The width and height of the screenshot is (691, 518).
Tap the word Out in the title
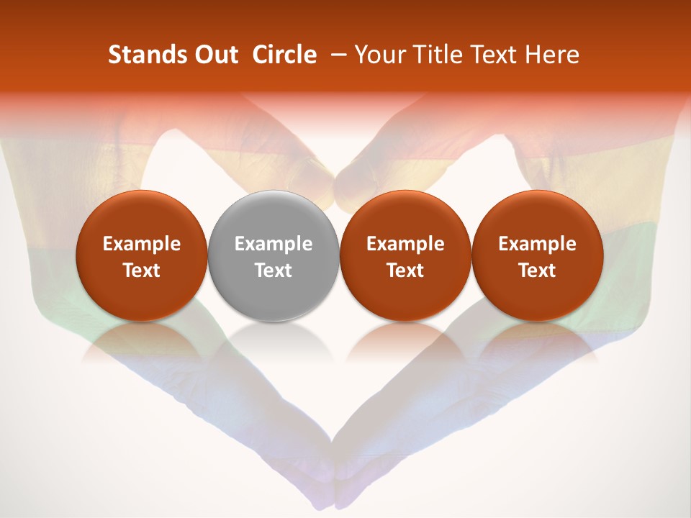pos(214,55)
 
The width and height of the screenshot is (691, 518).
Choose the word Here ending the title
pos(551,55)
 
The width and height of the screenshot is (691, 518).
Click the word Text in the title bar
pos(493,55)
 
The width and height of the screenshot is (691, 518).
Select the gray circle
pos(274,255)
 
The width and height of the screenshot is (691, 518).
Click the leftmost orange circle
pos(142,255)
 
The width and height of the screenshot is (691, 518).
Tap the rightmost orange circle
pos(537,255)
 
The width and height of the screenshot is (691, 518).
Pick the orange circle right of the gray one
pos(405,255)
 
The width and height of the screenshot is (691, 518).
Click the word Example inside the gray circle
pos(274,244)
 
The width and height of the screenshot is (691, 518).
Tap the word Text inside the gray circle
pos(274,271)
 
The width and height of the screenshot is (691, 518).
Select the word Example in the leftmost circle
pos(142,244)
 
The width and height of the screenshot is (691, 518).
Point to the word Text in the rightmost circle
pos(537,271)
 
